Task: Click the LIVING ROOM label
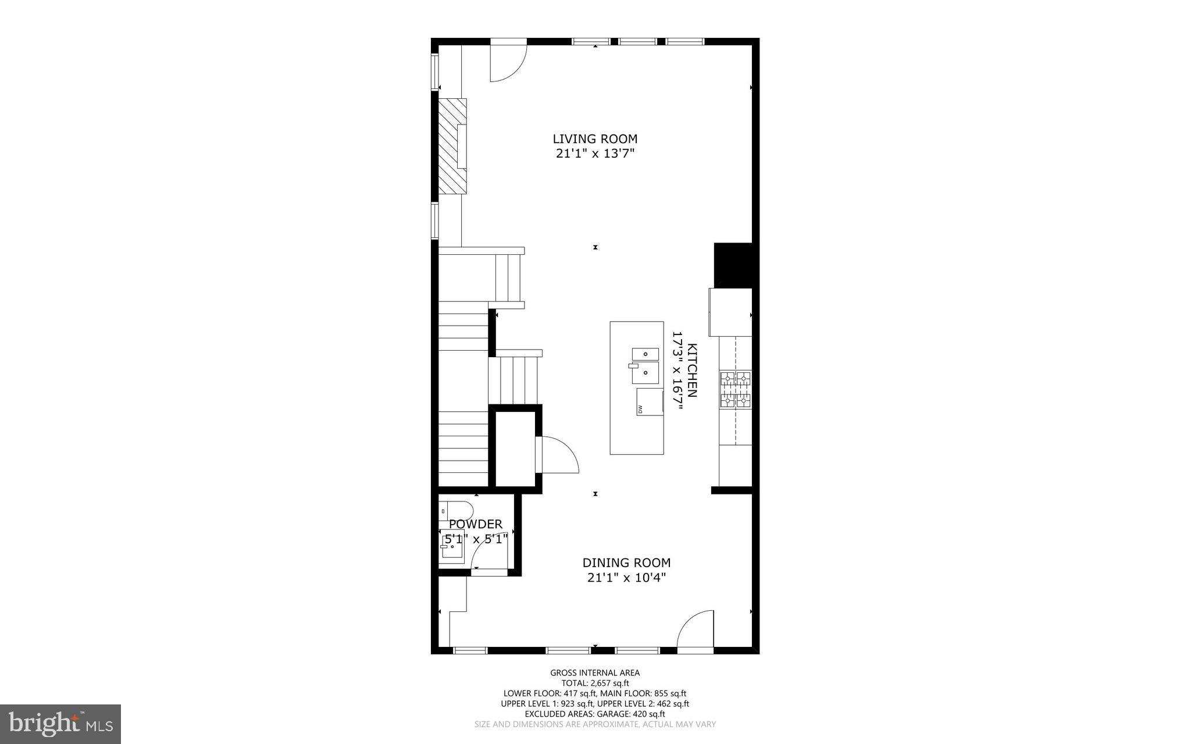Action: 595,139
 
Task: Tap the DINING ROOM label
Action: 626,563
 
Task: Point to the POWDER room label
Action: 476,525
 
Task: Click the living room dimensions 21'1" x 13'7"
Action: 594,154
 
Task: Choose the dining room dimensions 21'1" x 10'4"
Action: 626,578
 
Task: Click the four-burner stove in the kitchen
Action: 736,390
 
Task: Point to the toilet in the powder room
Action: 451,509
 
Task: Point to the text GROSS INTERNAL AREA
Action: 595,673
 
